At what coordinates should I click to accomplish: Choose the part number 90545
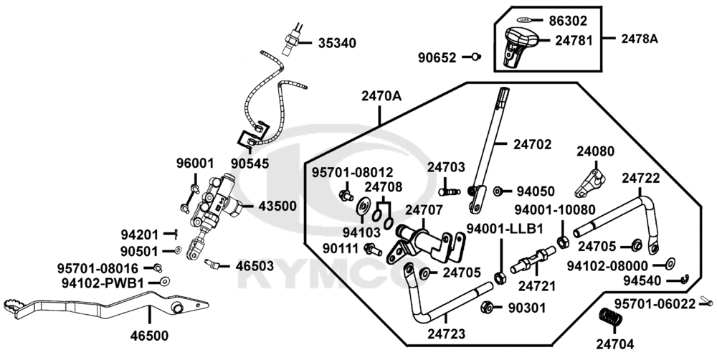click(250, 163)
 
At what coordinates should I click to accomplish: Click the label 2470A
click(381, 95)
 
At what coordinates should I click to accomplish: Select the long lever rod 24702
click(490, 143)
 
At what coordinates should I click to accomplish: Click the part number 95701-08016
click(98, 267)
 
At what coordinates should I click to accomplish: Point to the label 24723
click(447, 333)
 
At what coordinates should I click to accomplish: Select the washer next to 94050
click(498, 191)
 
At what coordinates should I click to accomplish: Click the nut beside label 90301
click(486, 307)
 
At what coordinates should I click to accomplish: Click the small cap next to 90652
click(475, 57)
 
